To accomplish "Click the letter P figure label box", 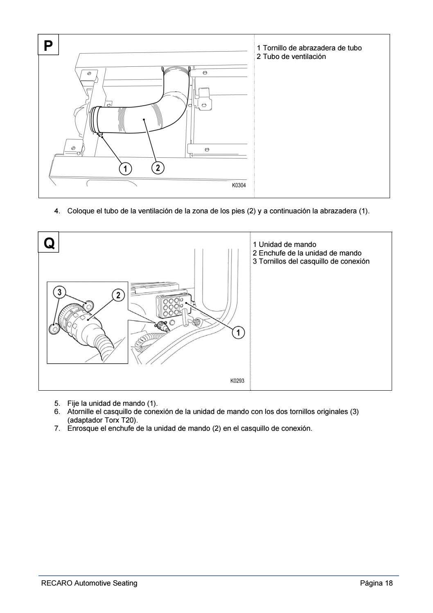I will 49,45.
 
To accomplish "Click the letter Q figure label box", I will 49,242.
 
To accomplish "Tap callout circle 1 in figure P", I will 125,168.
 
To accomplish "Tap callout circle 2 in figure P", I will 158,167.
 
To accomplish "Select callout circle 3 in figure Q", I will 60,292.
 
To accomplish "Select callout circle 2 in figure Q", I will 118,295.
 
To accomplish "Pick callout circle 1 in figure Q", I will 238,333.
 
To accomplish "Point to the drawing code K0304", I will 239,185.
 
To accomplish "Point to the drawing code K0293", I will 237,381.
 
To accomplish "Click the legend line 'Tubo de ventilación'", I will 291,57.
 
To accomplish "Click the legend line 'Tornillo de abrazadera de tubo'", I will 309,48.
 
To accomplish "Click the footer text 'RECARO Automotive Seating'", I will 89,583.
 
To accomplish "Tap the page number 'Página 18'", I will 376,583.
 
